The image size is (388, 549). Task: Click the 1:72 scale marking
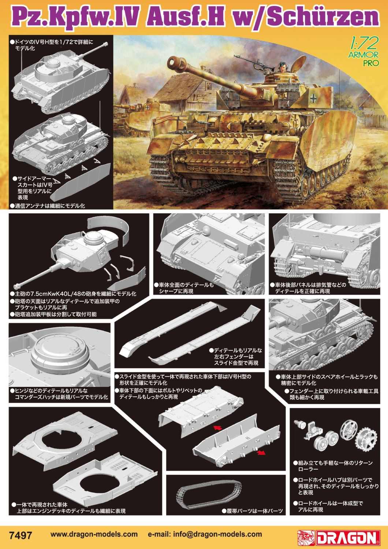coord(363,44)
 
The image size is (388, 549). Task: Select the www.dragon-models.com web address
coord(94,534)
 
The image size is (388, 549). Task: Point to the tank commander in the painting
coord(283,68)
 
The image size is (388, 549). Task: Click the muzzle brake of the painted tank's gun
coord(175,63)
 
